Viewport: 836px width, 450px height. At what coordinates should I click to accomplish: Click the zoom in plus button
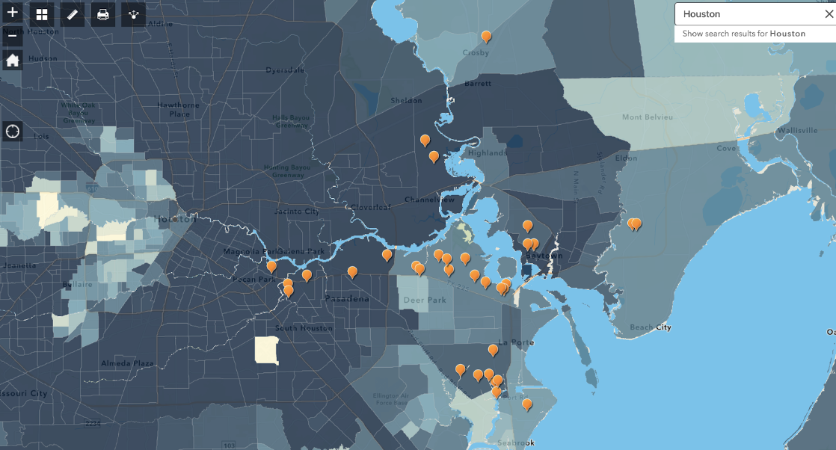tap(13, 13)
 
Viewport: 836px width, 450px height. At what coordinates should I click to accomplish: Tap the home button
tap(13, 61)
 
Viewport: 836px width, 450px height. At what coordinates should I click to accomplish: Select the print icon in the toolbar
tap(102, 14)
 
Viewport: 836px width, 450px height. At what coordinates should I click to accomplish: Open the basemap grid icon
tap(42, 14)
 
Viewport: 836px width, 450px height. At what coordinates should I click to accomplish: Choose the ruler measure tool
tap(72, 14)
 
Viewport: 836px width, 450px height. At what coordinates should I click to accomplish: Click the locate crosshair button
tap(13, 132)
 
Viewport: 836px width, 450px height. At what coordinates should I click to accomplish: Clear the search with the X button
tap(828, 14)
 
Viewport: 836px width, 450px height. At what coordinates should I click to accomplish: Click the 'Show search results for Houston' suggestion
tap(743, 34)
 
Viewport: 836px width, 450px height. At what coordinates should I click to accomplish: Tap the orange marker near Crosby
tap(486, 36)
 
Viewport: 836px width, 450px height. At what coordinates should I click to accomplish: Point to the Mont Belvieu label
tap(648, 117)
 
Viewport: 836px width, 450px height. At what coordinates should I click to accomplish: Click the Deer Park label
tap(424, 300)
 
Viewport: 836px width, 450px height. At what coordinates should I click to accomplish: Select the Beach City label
tap(650, 327)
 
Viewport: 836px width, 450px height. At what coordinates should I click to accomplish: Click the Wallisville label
tap(797, 130)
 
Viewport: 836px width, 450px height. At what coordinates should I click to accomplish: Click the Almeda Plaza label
tap(127, 363)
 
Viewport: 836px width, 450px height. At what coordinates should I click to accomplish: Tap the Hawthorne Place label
tap(179, 109)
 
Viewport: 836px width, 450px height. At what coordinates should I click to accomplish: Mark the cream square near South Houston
tap(266, 350)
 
